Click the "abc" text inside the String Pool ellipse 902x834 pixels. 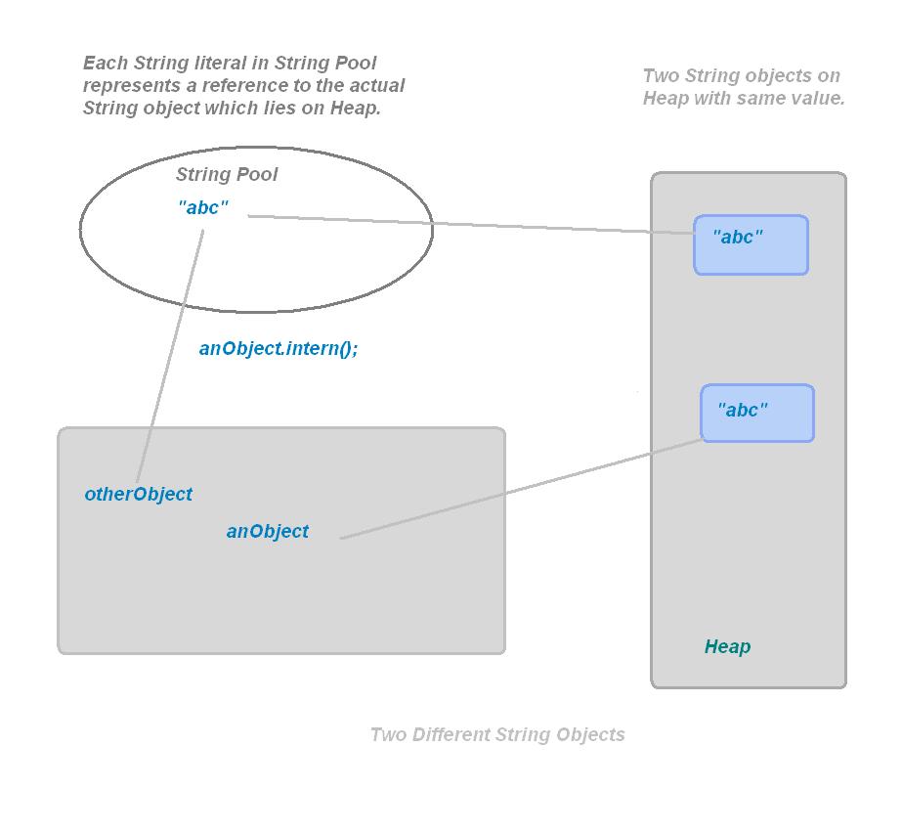coord(203,208)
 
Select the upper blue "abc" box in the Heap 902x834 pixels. coord(751,244)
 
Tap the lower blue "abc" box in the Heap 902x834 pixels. coord(756,413)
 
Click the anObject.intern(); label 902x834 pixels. coord(279,348)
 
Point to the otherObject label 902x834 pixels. coord(138,494)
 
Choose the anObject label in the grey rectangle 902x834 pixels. coord(267,531)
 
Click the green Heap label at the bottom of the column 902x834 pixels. coord(727,646)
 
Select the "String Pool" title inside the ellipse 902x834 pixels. coord(226,175)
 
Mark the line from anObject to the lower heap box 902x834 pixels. coord(518,489)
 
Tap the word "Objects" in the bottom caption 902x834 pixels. coord(589,734)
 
